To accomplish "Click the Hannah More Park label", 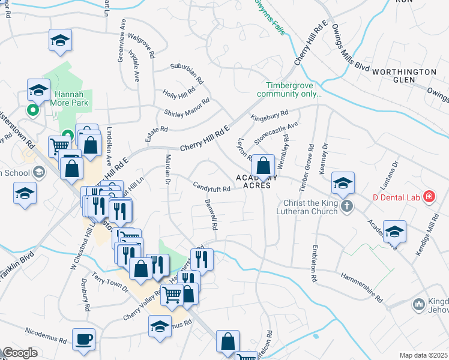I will click(71, 99).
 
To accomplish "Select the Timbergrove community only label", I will click(290, 90).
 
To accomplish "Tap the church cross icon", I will click(346, 206).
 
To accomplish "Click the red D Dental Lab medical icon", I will click(429, 196).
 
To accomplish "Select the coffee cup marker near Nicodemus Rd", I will click(83, 339).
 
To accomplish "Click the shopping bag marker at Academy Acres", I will click(263, 165).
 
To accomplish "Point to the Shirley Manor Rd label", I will click(187, 107).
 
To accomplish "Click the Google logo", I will click(20, 353).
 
